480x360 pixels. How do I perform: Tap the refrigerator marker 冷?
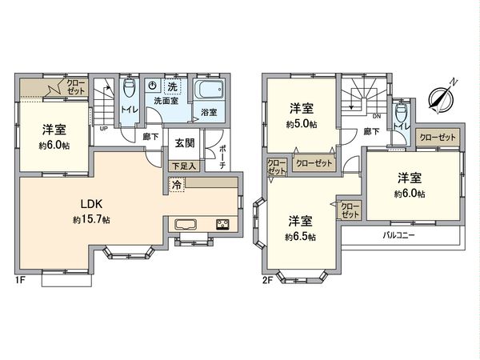pos(176,184)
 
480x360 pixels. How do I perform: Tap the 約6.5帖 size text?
pos(301,237)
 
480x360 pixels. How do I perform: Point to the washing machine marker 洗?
pos(172,86)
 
